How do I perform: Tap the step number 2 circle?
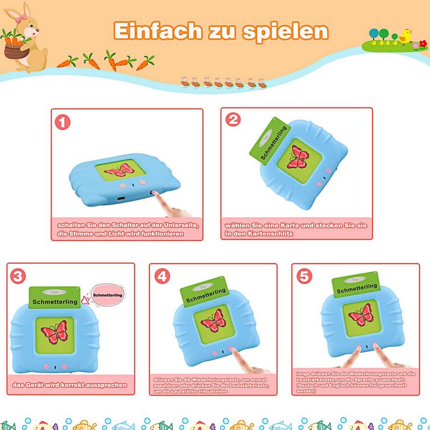(x=233, y=120)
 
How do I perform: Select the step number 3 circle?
(x=18, y=276)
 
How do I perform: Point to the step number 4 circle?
(x=162, y=276)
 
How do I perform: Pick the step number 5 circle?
(x=304, y=276)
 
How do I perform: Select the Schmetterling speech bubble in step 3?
(x=107, y=295)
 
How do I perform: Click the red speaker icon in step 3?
(x=86, y=299)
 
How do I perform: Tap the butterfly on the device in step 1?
(x=117, y=170)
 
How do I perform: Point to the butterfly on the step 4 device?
(x=213, y=320)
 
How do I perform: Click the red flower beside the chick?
(x=423, y=44)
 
